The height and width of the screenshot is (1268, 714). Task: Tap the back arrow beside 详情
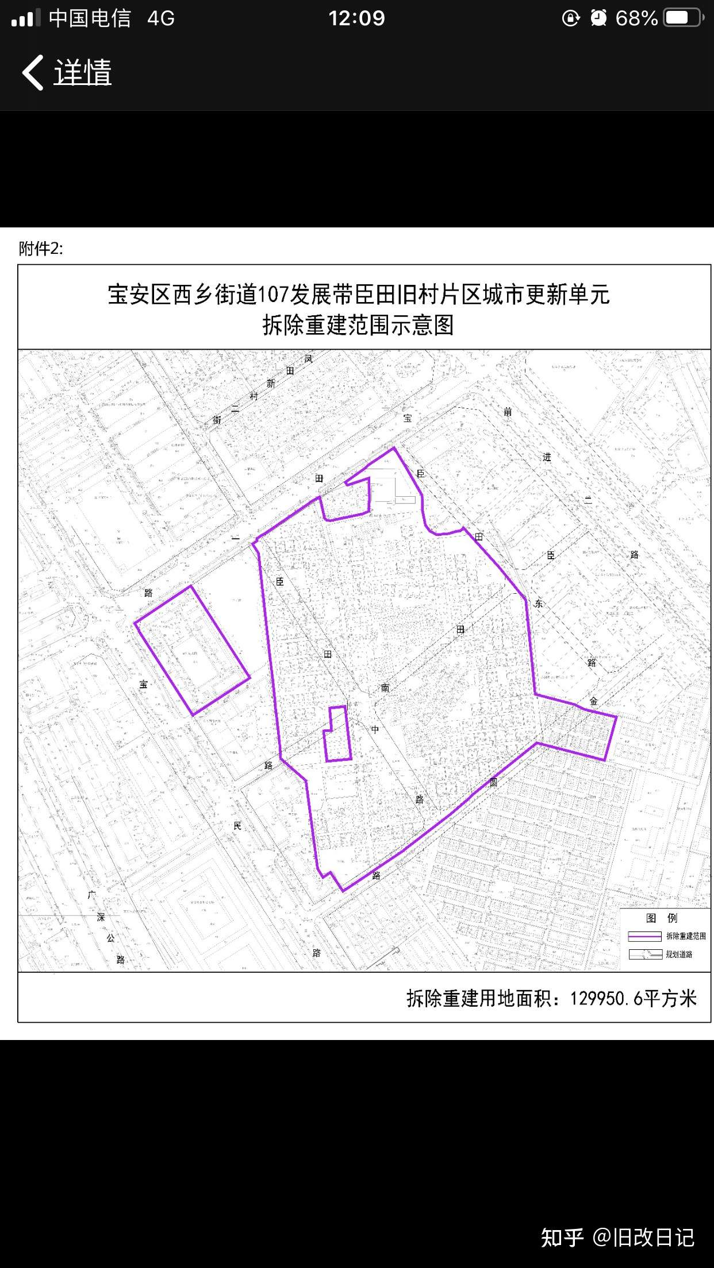[33, 72]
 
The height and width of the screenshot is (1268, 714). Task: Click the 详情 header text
[83, 73]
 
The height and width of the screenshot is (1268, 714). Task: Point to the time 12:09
[356, 18]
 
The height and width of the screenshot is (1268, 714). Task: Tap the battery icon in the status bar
[683, 18]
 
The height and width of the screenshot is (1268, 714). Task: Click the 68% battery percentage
[636, 18]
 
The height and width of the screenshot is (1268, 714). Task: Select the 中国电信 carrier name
[90, 18]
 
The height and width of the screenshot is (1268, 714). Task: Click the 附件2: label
[41, 249]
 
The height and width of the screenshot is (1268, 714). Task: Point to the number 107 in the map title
[272, 295]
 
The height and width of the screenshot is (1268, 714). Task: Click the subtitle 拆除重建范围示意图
[358, 325]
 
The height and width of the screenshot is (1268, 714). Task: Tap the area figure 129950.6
[606, 999]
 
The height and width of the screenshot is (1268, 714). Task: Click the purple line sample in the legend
[644, 936]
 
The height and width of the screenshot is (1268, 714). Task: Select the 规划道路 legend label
[679, 954]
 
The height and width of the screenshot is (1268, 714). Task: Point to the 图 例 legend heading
[662, 918]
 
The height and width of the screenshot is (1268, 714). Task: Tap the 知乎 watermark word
[562, 1238]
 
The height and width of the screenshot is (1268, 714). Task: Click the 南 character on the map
[385, 687]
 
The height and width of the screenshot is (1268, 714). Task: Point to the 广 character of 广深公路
[92, 895]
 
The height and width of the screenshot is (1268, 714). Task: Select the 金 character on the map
[593, 701]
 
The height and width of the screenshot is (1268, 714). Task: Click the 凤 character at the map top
[309, 359]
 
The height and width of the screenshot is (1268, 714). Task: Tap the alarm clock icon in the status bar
[598, 18]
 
